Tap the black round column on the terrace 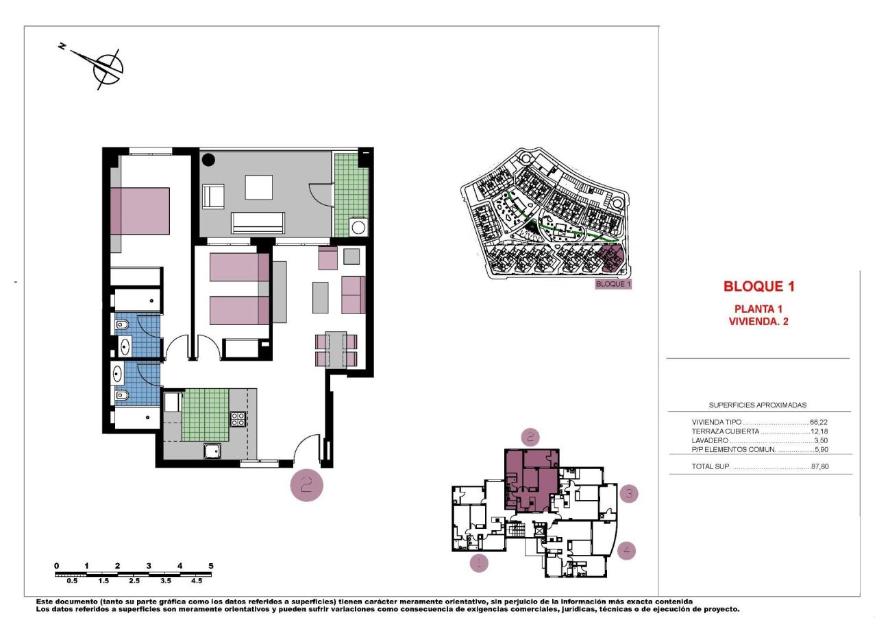[x=208, y=161]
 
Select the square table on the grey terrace [x=258, y=187]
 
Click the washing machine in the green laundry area [x=358, y=226]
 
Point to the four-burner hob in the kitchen [x=238, y=419]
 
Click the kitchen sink [x=212, y=451]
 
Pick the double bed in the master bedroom [x=140, y=211]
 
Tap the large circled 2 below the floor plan [x=306, y=485]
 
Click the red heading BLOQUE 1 [x=758, y=287]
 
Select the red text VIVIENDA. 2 [x=758, y=320]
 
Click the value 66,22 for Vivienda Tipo [x=819, y=423]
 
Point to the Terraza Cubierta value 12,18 [x=819, y=431]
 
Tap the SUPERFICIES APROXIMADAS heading [x=757, y=405]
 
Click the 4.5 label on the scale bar [x=196, y=580]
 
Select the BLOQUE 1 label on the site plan [x=612, y=283]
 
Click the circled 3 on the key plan [x=629, y=492]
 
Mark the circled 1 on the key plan [x=479, y=564]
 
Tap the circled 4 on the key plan [x=626, y=550]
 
